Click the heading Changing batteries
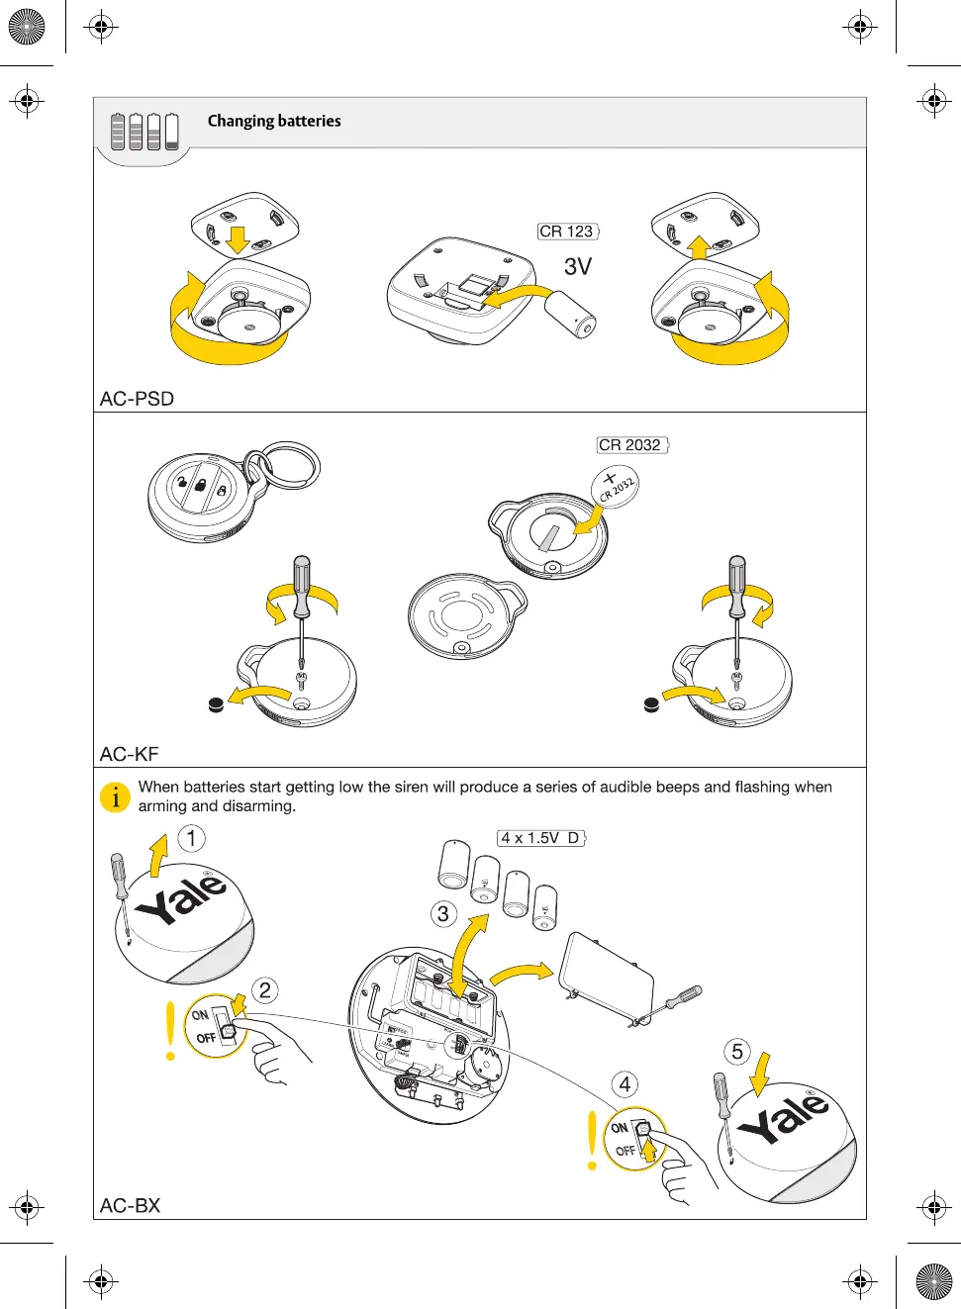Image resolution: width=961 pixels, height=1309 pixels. tap(274, 121)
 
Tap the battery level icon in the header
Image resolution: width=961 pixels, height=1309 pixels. tap(144, 131)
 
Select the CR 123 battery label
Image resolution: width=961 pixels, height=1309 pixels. tap(567, 232)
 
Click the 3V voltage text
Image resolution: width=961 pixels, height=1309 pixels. tap(578, 266)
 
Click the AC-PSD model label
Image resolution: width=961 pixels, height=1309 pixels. tap(137, 399)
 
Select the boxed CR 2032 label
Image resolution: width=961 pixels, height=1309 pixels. tap(631, 445)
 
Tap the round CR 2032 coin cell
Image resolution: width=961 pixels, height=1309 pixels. tap(616, 487)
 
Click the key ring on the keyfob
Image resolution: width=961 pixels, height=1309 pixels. tap(288, 465)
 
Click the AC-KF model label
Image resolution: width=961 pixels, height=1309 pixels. tap(129, 754)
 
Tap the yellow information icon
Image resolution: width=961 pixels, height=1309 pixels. tap(116, 796)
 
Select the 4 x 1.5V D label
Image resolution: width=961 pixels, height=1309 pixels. tap(540, 838)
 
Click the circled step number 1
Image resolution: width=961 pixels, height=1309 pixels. tap(191, 839)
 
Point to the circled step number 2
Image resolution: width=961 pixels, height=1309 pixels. tap(264, 990)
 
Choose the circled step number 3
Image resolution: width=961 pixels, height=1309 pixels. tap(442, 913)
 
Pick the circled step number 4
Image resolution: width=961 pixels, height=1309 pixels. tap(625, 1084)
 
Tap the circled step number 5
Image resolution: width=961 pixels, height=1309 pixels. tap(736, 1051)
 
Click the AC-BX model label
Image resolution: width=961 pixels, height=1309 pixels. tap(130, 1205)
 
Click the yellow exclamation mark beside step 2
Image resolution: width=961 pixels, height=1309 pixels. tap(171, 1031)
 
